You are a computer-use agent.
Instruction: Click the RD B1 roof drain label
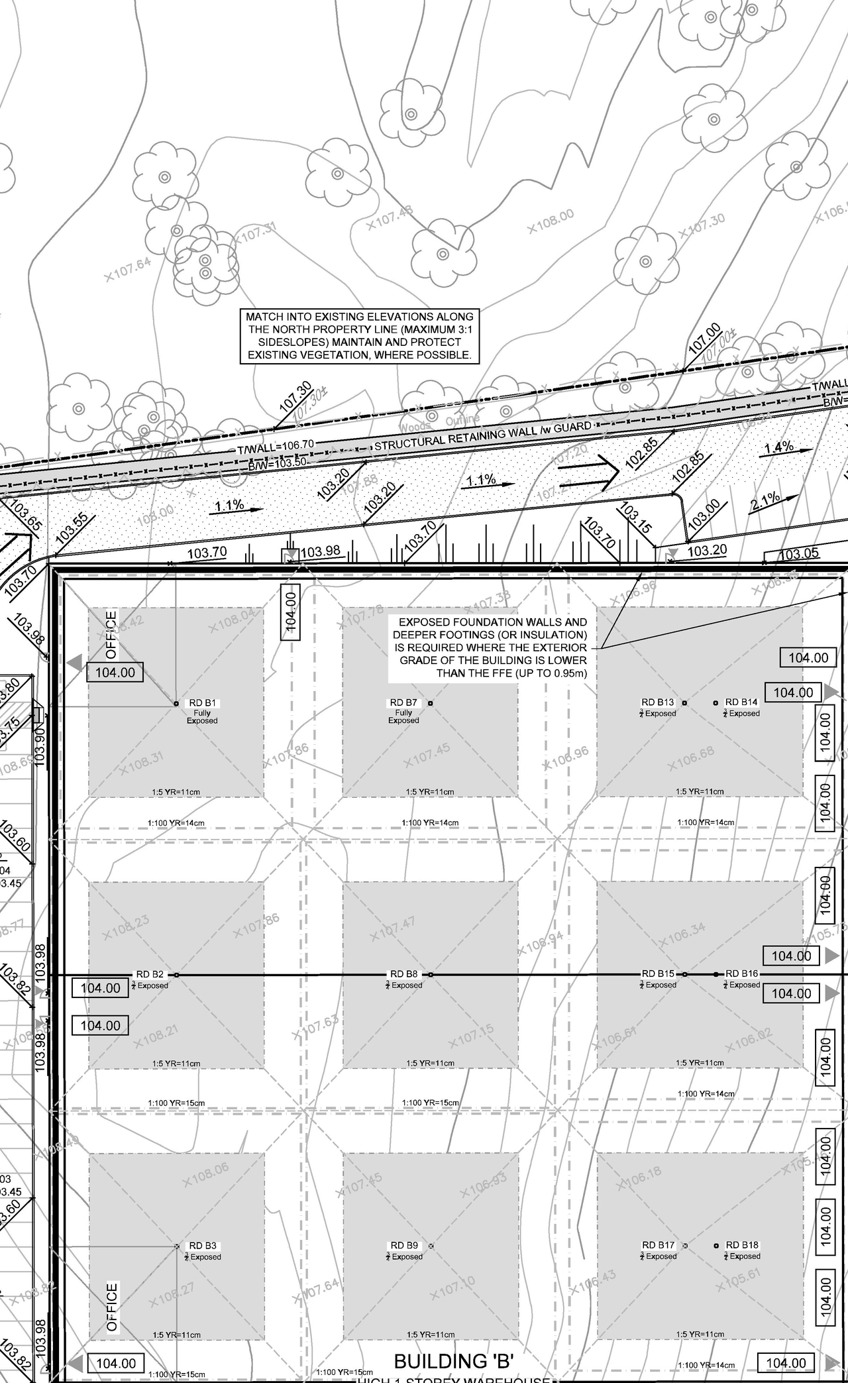[x=203, y=702]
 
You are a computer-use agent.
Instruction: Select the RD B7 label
[x=403, y=702]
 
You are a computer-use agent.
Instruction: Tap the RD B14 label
[x=741, y=702]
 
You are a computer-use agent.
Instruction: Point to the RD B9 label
[x=403, y=1246]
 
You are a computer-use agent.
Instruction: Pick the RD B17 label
[x=658, y=1245]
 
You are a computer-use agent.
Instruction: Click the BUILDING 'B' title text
[x=454, y=1361]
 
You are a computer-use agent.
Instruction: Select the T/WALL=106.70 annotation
[x=276, y=447]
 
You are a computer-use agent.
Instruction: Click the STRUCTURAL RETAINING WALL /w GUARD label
[x=483, y=435]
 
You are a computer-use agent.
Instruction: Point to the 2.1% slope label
[x=765, y=502]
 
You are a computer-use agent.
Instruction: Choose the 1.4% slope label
[x=779, y=447]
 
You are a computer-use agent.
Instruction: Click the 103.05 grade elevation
[x=798, y=554]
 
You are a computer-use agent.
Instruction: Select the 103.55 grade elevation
[x=72, y=529]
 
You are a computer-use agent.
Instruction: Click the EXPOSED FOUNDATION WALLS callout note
[x=490, y=647]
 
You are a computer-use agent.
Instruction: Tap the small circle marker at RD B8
[x=431, y=975]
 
